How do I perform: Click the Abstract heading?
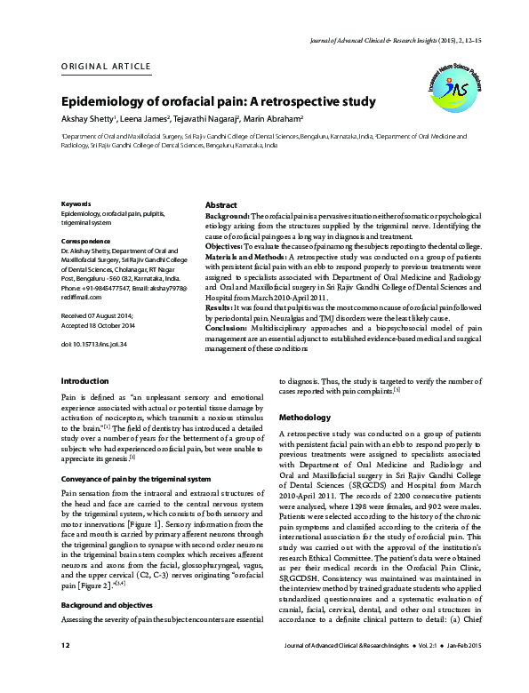click(x=221, y=204)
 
